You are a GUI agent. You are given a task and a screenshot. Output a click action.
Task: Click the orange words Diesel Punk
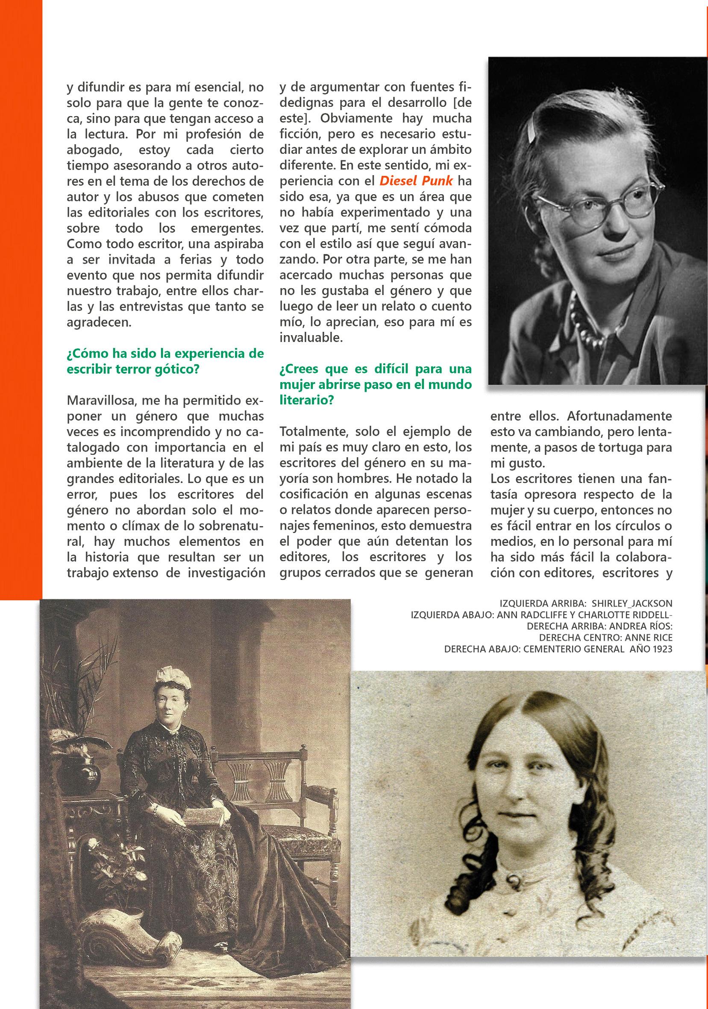coord(416,181)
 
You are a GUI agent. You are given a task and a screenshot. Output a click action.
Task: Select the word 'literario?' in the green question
coord(306,401)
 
